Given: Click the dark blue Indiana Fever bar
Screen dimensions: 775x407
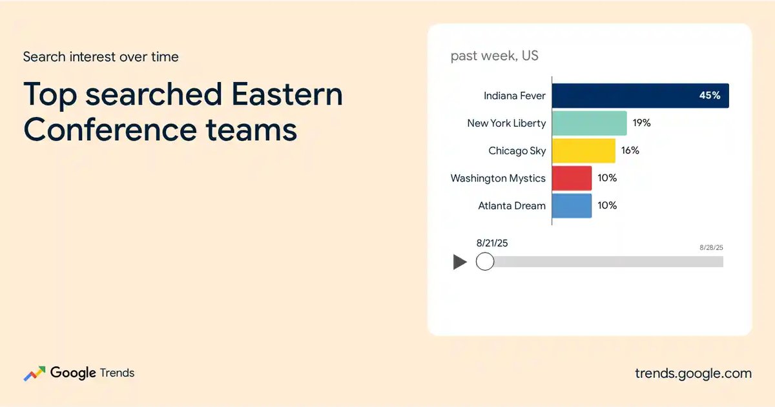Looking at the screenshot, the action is coord(641,96).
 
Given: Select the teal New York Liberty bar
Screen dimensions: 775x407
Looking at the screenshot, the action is coord(589,123).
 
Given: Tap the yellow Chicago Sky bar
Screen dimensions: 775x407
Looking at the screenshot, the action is coord(584,151).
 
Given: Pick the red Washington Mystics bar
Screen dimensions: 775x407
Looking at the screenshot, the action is coord(572,178).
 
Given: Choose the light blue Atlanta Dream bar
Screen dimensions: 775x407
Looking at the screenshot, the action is coord(572,205).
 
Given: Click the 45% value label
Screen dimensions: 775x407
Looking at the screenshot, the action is coord(710,95).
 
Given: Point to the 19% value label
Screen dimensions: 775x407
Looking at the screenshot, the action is coord(641,123).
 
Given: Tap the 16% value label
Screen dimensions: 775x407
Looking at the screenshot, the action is coord(630,150).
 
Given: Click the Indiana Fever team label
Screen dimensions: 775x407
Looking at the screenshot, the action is coord(515,96).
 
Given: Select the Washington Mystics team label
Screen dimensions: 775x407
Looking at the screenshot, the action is coord(498,178).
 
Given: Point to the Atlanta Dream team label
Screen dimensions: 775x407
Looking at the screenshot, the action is coord(512,205).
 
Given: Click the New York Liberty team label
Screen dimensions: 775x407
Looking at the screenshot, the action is coord(506,123).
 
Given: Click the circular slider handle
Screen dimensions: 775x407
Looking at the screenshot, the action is coord(485,261).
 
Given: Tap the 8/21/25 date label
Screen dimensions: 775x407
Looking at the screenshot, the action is coord(492,243).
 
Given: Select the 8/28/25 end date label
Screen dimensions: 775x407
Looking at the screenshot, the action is coord(711,247).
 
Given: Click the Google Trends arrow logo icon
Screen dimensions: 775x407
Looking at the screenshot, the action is coord(34,373).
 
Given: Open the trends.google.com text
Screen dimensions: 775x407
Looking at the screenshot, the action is coord(694,373).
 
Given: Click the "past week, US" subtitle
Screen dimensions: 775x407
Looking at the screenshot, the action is coord(495,56).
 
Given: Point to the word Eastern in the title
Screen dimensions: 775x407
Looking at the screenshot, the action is coord(287,94).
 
